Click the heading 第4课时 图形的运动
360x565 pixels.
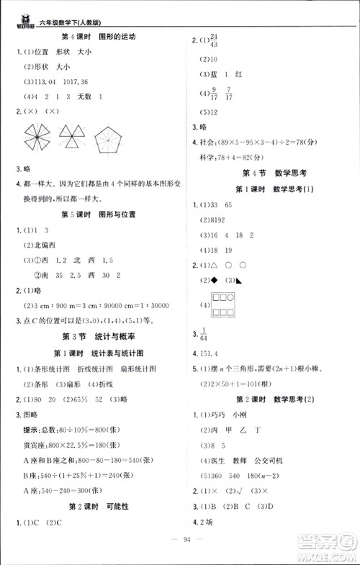point(97,37)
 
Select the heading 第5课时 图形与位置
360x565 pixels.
point(97,214)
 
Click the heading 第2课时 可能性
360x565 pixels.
point(97,507)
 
